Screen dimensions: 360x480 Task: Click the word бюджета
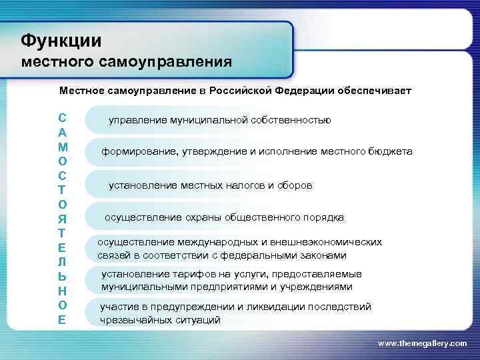(389, 152)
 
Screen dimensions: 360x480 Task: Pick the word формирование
(138, 152)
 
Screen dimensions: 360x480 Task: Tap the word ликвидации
(258, 307)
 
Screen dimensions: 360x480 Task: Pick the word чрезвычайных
(131, 320)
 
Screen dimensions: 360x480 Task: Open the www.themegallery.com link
(422, 343)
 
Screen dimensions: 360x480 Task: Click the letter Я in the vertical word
(62, 217)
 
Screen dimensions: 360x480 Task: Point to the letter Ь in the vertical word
(62, 275)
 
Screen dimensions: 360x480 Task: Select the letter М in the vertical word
(62, 145)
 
